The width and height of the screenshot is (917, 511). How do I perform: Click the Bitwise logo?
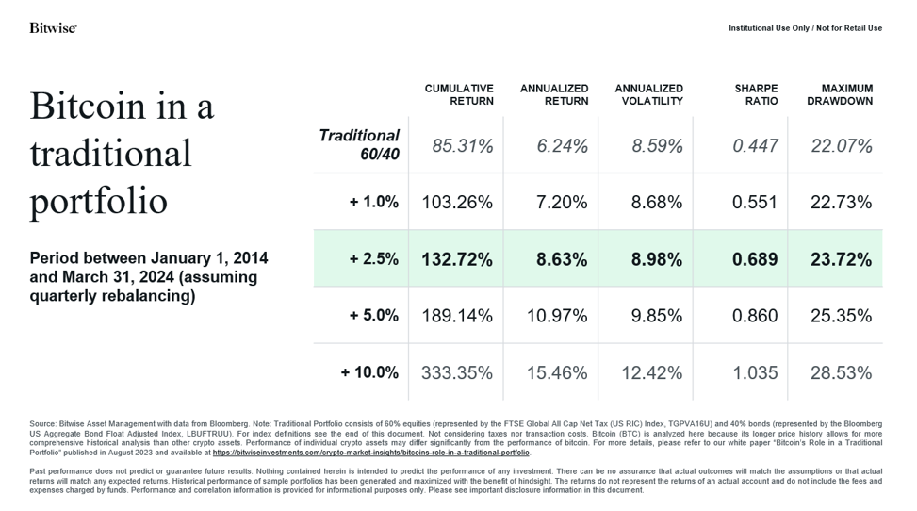(53, 28)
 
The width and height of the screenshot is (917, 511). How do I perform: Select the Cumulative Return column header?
(459, 94)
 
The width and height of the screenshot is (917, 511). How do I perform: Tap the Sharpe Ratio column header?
(756, 94)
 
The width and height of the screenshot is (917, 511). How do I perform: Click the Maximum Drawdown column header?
(840, 94)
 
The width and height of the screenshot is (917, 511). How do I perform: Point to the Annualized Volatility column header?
(648, 94)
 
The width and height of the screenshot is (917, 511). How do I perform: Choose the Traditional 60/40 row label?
(359, 145)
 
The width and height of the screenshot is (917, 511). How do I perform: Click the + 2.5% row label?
(374, 259)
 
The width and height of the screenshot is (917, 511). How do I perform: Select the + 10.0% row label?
(370, 372)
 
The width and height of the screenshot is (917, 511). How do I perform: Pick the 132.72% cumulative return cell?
(457, 259)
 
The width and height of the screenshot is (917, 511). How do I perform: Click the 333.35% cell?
(457, 372)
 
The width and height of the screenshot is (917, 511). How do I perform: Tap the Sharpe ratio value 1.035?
(755, 372)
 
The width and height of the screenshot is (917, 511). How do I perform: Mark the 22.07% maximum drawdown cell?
(841, 146)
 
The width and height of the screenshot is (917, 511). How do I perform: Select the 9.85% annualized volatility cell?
(651, 316)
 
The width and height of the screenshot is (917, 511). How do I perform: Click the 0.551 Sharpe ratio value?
(755, 203)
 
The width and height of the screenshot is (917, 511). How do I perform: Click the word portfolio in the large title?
(98, 202)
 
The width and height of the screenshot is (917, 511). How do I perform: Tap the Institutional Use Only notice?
(805, 28)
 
